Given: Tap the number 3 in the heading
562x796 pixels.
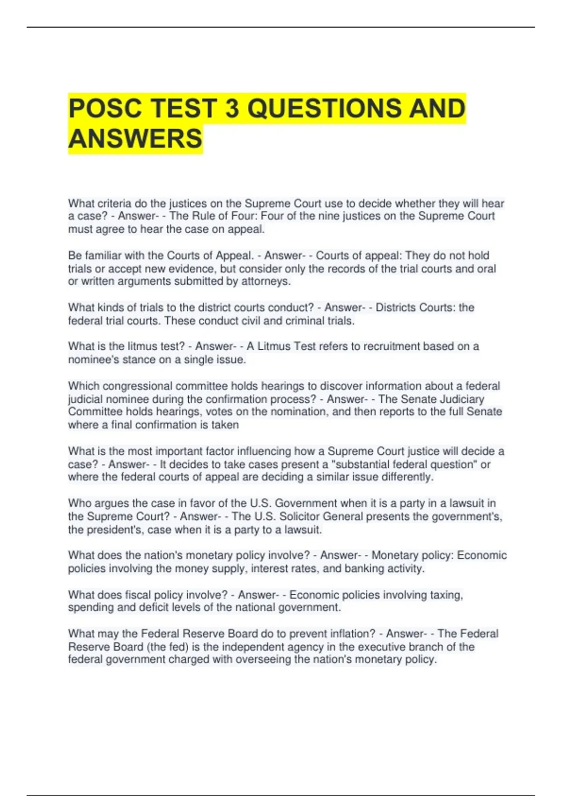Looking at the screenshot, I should [x=231, y=108].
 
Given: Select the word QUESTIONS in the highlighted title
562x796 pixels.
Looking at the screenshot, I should [x=324, y=108].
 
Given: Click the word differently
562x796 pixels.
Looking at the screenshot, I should [x=407, y=477].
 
